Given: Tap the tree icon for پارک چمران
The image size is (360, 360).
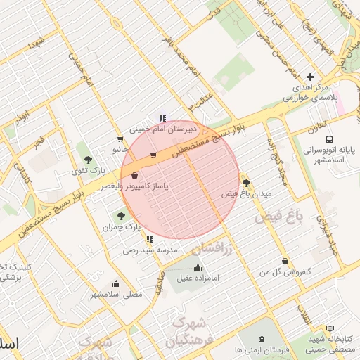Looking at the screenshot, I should (x=122, y=215).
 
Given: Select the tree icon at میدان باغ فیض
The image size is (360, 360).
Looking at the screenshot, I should (x=245, y=181).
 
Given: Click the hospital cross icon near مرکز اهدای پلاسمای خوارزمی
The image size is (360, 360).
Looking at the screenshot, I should (x=310, y=77).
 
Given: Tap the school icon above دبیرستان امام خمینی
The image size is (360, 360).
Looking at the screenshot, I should (x=162, y=118).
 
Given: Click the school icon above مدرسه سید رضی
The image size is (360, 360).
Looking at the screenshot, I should (x=149, y=239).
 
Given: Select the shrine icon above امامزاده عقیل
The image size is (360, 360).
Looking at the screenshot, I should (x=197, y=267).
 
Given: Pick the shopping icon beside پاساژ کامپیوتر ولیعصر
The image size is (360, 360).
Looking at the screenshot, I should (x=134, y=175).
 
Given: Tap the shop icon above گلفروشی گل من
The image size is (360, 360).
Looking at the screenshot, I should (x=284, y=261).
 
